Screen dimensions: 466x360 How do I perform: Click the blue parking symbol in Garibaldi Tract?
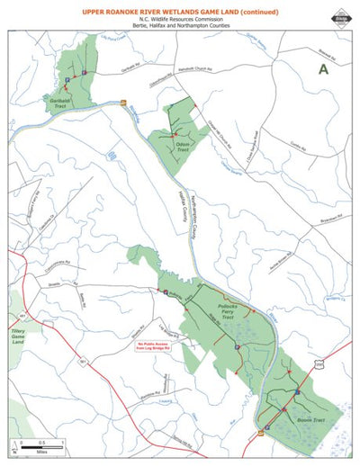84,72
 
